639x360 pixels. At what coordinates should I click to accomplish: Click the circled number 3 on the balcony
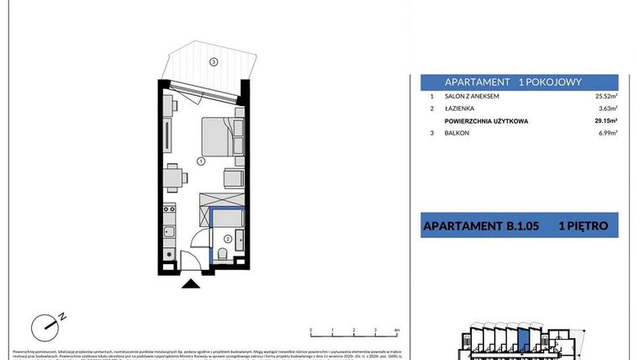[214, 61]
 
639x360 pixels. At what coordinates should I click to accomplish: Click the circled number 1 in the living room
[201, 160]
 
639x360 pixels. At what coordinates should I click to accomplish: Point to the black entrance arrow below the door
[193, 283]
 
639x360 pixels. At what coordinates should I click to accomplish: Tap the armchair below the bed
[234, 179]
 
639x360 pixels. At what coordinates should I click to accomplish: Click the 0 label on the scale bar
[310, 331]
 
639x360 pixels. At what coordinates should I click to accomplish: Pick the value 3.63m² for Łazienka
[607, 109]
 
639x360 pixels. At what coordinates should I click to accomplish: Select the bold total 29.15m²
[605, 121]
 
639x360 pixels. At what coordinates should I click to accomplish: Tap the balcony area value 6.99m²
[607, 135]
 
